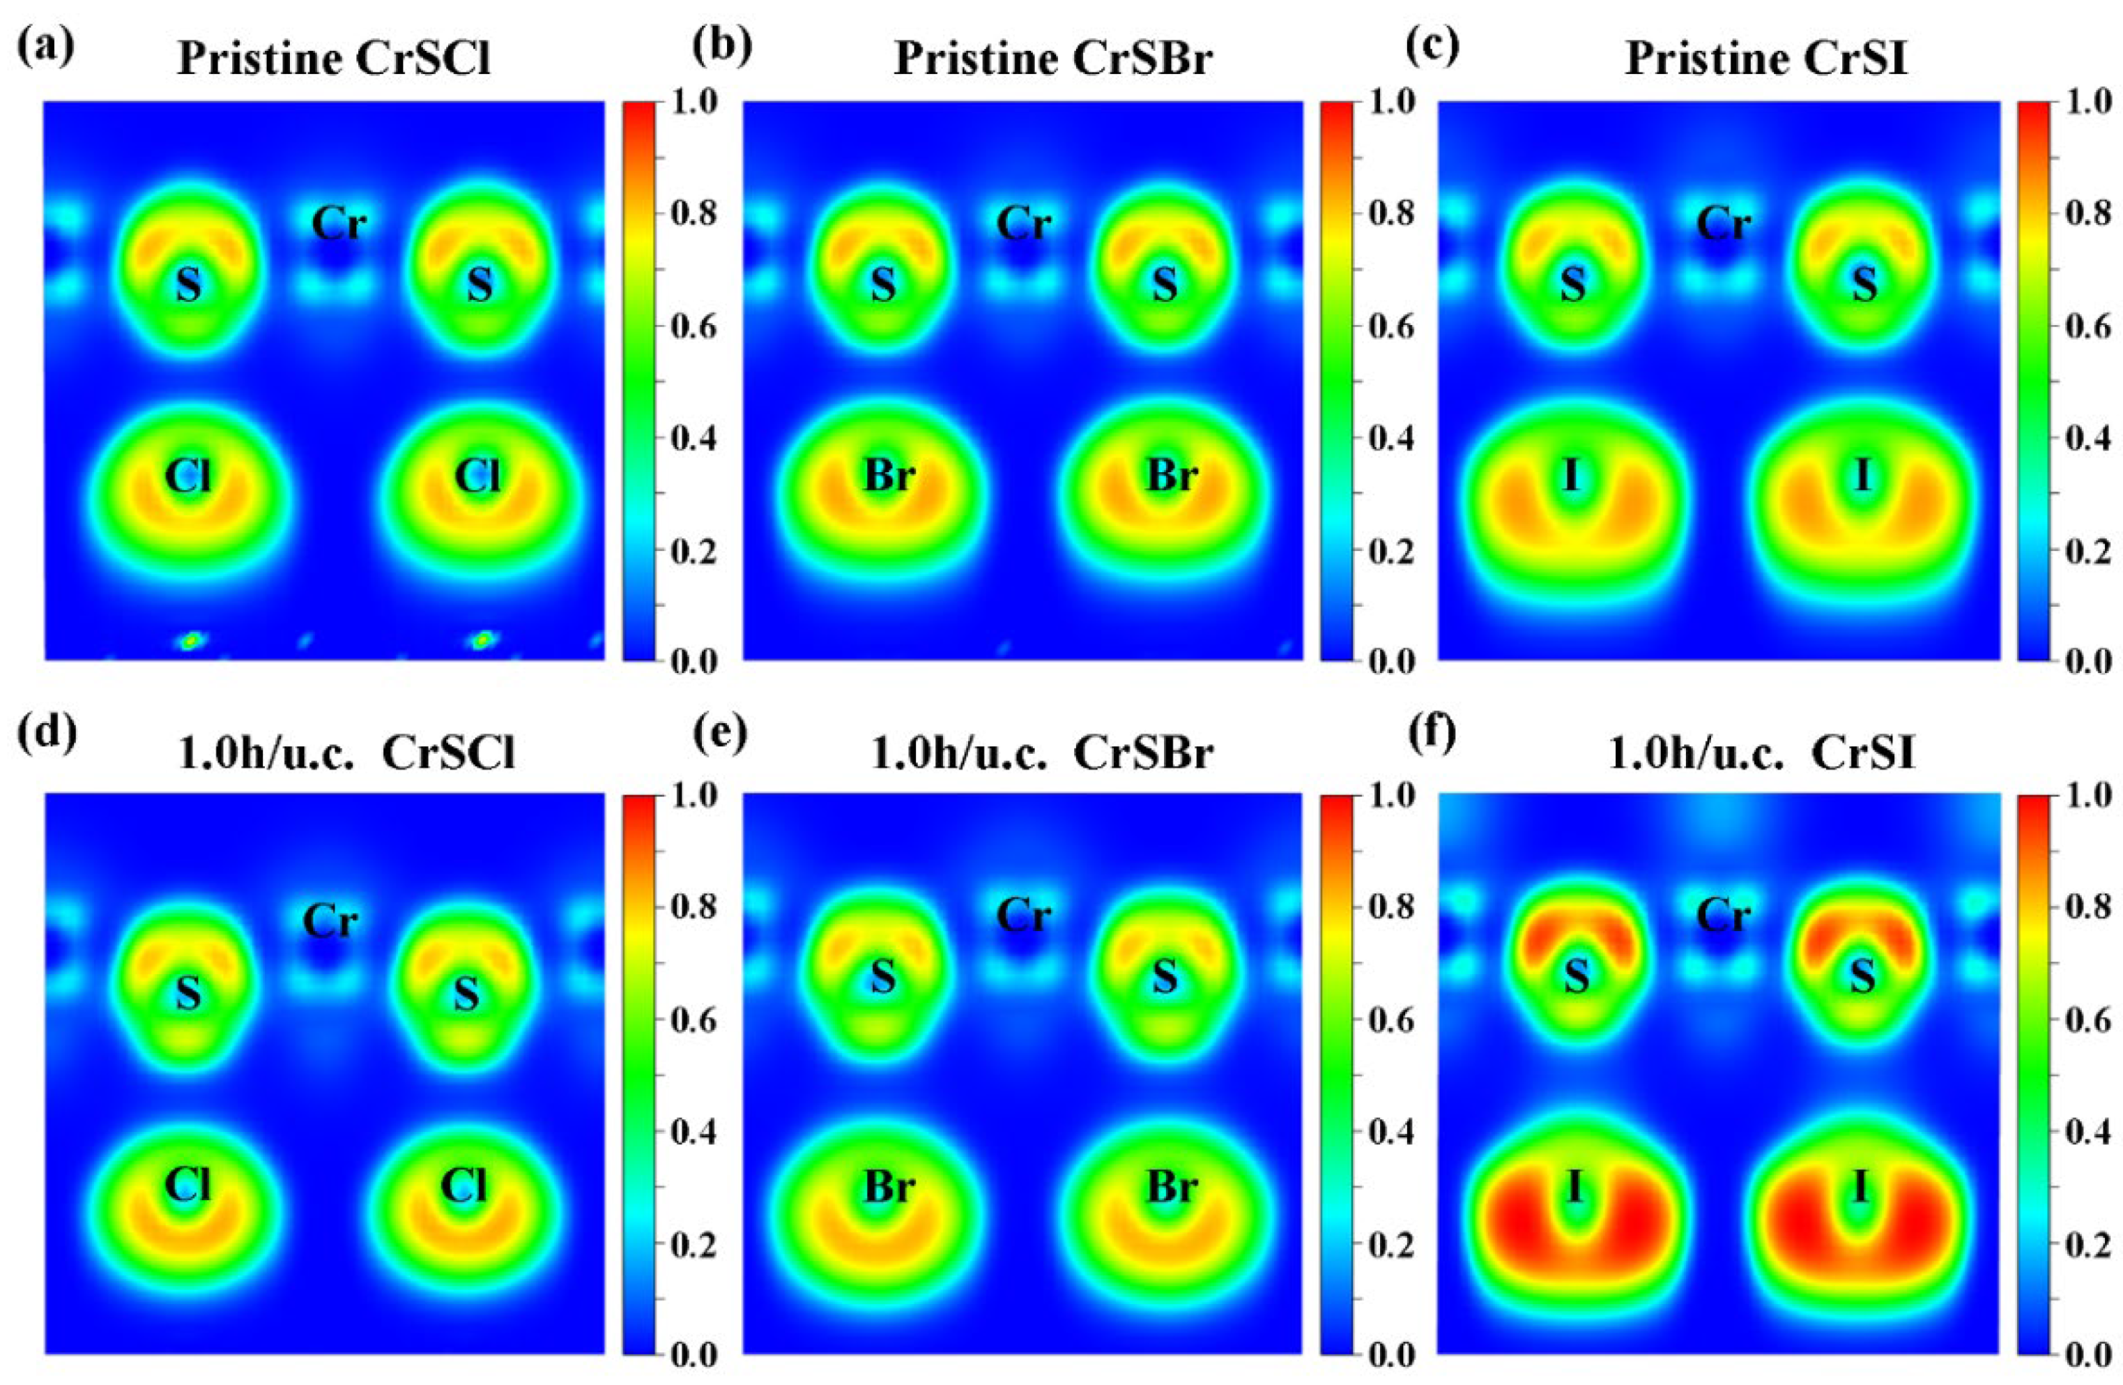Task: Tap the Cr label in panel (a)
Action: (339, 223)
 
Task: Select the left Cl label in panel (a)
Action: (188, 476)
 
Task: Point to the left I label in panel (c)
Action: (1572, 475)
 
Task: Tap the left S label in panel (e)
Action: (883, 978)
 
